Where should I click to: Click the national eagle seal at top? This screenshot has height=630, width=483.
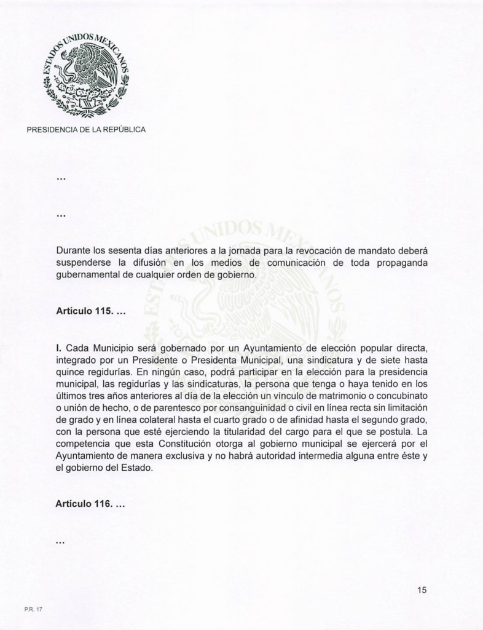click(86, 74)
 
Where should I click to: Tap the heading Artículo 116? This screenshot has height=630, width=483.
click(90, 503)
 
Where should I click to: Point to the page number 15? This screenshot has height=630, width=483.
click(422, 591)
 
